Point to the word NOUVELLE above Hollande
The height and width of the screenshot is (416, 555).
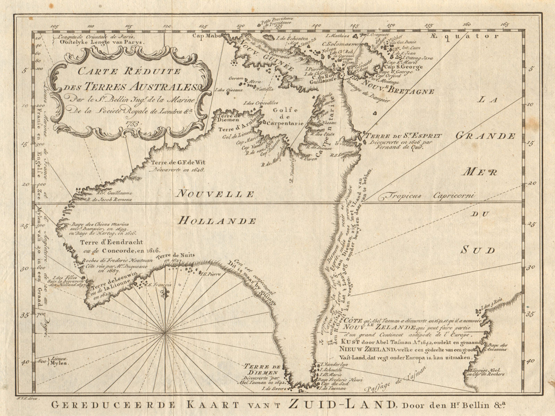[213, 194]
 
